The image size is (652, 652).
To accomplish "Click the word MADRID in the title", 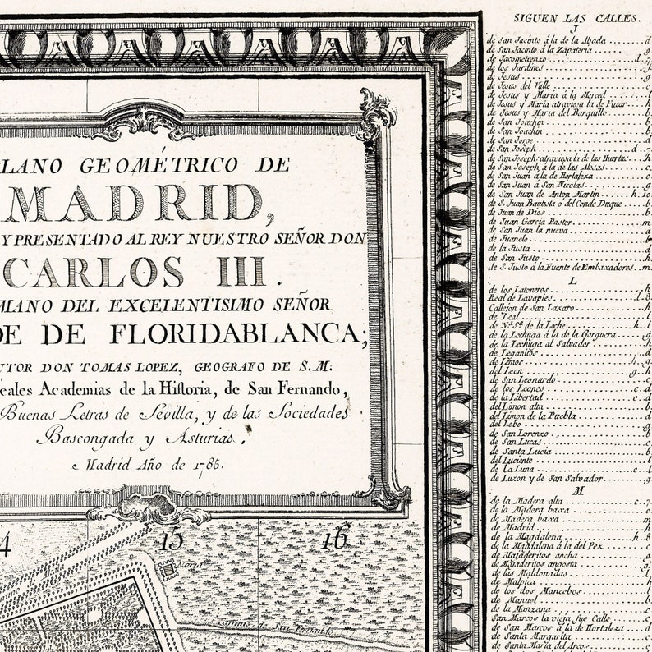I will [x=135, y=203].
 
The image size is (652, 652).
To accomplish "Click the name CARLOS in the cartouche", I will [x=107, y=271].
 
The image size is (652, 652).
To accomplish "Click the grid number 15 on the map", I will [x=172, y=541].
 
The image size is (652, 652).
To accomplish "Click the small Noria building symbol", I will [x=170, y=567].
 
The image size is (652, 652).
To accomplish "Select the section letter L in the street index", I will [x=567, y=278].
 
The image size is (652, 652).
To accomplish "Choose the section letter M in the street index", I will [x=567, y=489].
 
